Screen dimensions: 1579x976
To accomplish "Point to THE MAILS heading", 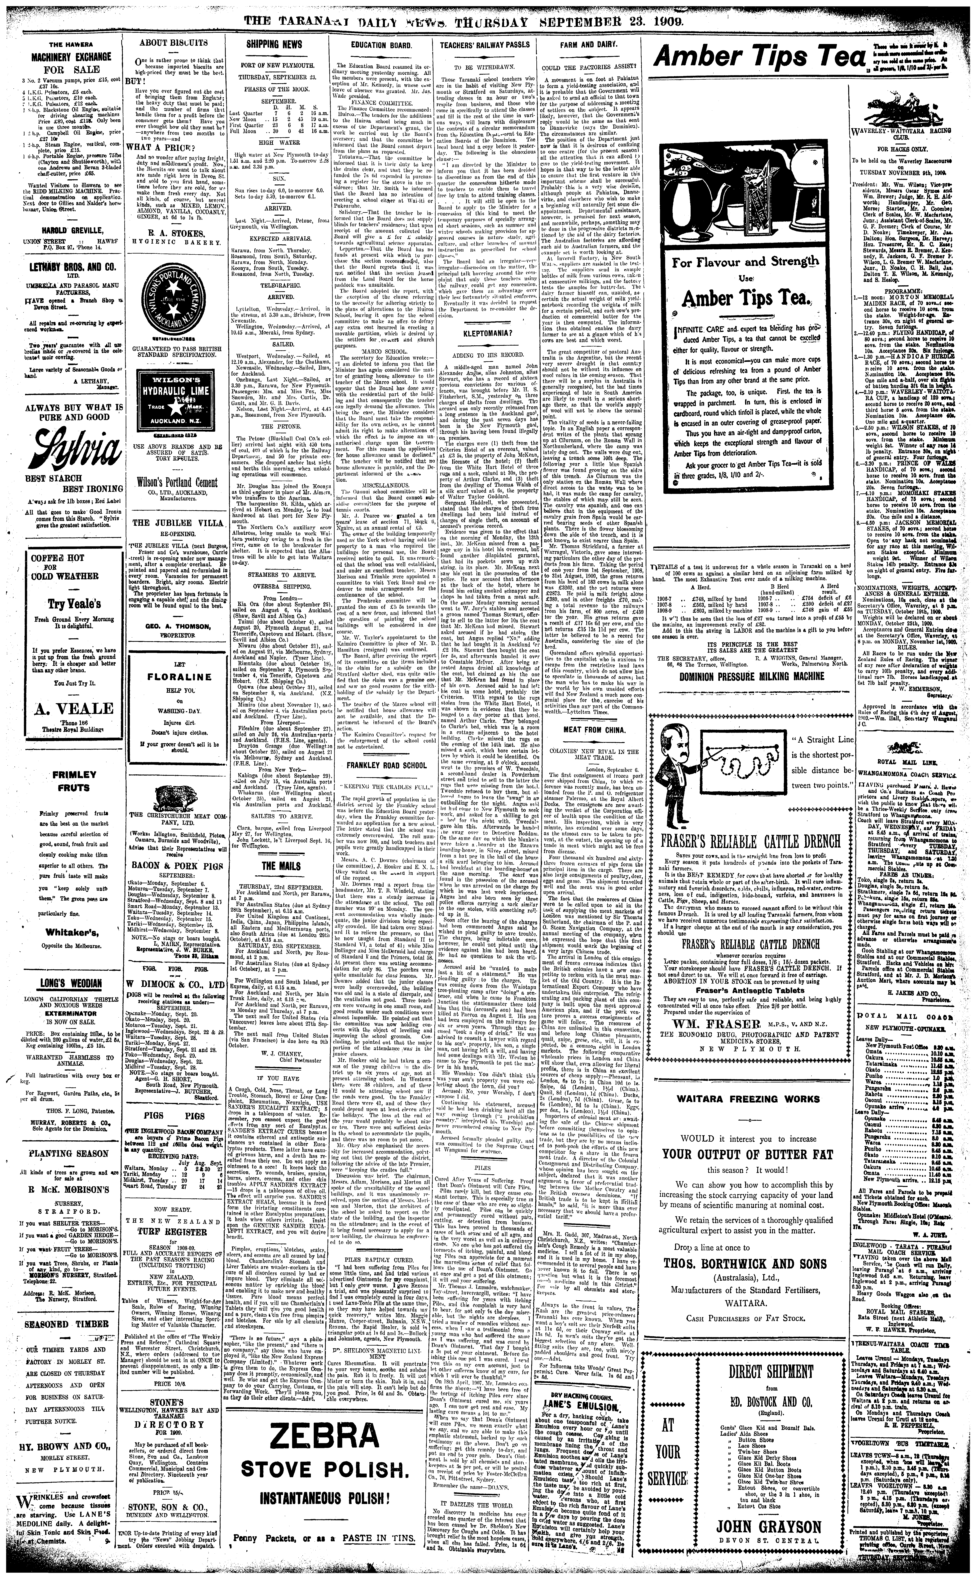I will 276,865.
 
